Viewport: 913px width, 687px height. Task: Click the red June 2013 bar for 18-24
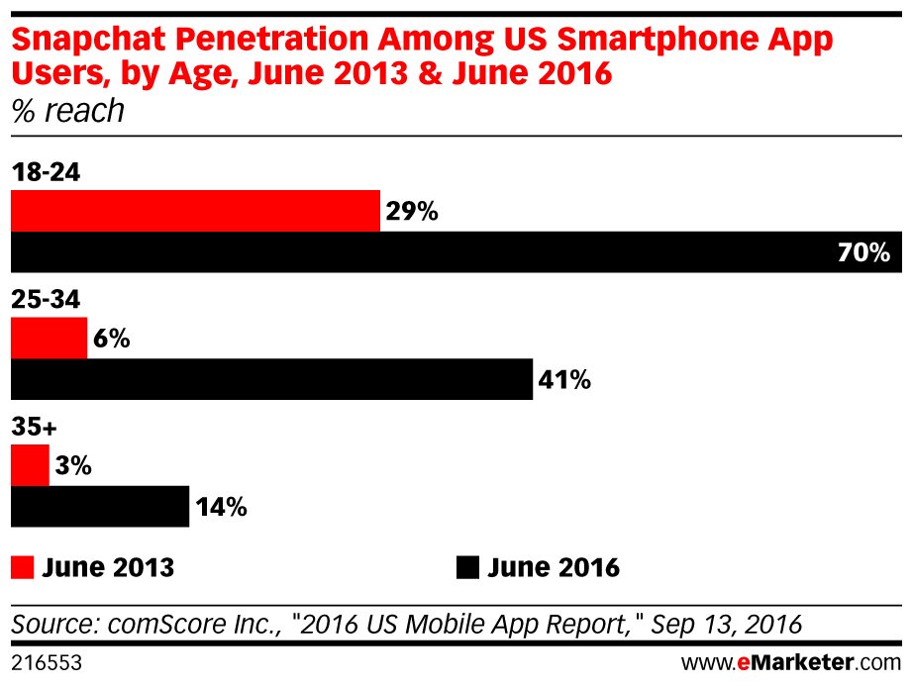pyautogui.click(x=195, y=211)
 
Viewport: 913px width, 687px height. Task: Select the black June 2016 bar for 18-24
pyautogui.click(x=456, y=252)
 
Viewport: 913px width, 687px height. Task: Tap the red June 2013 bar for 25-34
pyautogui.click(x=49, y=339)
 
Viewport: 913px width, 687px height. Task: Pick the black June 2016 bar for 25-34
pyautogui.click(x=271, y=379)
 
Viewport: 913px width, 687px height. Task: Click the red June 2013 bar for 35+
pyautogui.click(x=30, y=465)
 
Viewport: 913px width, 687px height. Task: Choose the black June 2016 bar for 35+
pyautogui.click(x=99, y=507)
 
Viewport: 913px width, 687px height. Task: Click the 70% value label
pyautogui.click(x=864, y=253)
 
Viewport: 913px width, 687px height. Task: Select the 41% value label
pyautogui.click(x=564, y=380)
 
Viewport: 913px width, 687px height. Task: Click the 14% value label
pyautogui.click(x=221, y=507)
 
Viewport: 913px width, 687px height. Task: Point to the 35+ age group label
pyautogui.click(x=35, y=428)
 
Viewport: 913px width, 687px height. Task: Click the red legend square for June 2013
pyautogui.click(x=22, y=567)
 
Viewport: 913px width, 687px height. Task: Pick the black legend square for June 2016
pyautogui.click(x=467, y=567)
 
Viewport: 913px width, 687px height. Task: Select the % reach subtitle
pyautogui.click(x=67, y=111)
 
